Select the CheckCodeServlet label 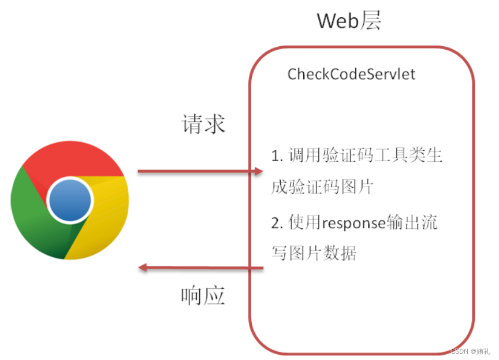pyautogui.click(x=351, y=75)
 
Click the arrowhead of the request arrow pyautogui.click(x=259, y=172)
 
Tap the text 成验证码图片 pyautogui.click(x=322, y=187)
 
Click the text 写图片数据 pyautogui.click(x=314, y=253)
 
